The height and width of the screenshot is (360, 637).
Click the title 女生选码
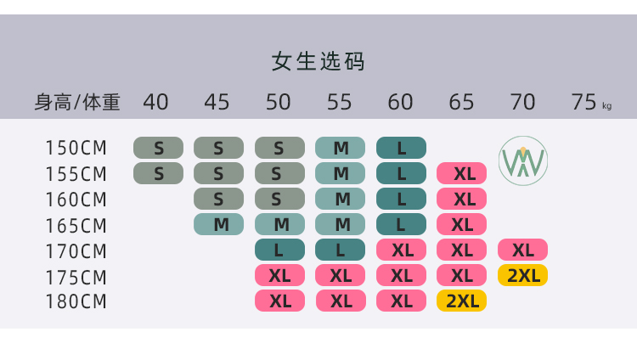pyautogui.click(x=318, y=62)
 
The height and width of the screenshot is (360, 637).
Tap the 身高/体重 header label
pyautogui.click(x=77, y=103)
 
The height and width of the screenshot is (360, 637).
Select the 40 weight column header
pyautogui.click(x=155, y=102)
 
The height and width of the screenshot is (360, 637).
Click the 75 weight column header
pyautogui.click(x=584, y=102)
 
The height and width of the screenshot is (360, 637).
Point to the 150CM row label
pyautogui.click(x=76, y=148)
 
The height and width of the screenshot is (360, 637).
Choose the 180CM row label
pyautogui.click(x=76, y=301)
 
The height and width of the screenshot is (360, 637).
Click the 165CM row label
pyautogui.click(x=76, y=225)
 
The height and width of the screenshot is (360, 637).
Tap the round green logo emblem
pyautogui.click(x=523, y=160)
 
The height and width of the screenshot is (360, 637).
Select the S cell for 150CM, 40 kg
pyautogui.click(x=158, y=148)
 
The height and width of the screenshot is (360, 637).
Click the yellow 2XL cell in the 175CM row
pyautogui.click(x=522, y=275)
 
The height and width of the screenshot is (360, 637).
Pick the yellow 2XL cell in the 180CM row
pyautogui.click(x=461, y=301)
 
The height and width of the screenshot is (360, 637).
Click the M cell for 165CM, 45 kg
pyautogui.click(x=218, y=224)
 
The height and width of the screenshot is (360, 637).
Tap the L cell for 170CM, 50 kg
pyautogui.click(x=279, y=250)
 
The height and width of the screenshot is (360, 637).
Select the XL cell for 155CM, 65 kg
pyautogui.click(x=461, y=173)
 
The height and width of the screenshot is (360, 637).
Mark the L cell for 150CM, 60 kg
pyautogui.click(x=401, y=148)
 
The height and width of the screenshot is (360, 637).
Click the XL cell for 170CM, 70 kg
pyautogui.click(x=522, y=250)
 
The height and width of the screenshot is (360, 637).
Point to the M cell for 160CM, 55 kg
pyautogui.click(x=340, y=199)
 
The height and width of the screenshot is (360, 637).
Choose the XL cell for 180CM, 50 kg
pyautogui.click(x=279, y=301)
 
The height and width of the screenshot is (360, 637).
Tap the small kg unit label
pyautogui.click(x=606, y=106)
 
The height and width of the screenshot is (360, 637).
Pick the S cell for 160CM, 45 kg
pyautogui.click(x=218, y=199)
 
